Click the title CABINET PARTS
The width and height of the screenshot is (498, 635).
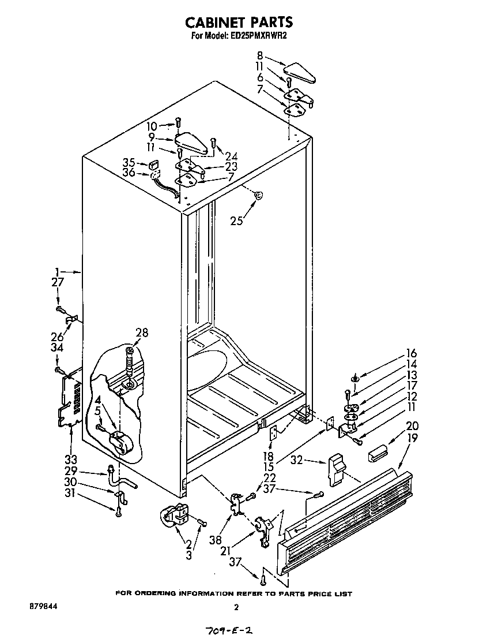click(239, 22)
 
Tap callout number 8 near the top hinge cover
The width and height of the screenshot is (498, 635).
click(260, 56)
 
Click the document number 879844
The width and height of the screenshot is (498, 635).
click(43, 607)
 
